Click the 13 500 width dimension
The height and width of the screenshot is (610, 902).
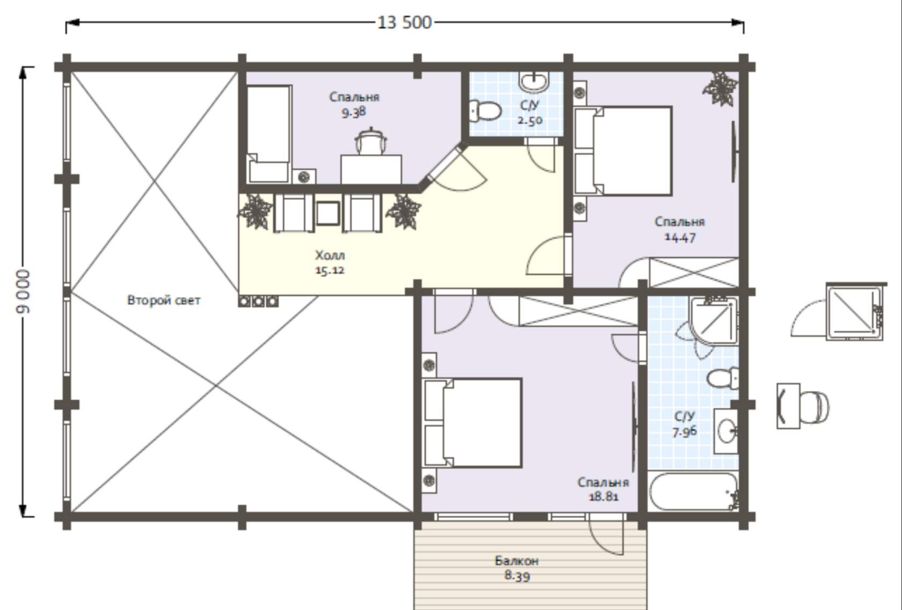[405, 23]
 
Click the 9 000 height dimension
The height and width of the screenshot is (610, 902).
[23, 291]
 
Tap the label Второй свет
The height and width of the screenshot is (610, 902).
[163, 300]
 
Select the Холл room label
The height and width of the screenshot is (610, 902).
[330, 255]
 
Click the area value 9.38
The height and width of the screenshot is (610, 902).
[353, 112]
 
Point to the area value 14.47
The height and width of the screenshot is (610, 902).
[680, 237]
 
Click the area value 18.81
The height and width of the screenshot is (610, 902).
[603, 497]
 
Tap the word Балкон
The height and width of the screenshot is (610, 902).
[517, 561]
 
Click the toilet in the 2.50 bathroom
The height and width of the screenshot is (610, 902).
[485, 110]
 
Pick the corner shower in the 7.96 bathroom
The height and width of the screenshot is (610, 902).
[714, 321]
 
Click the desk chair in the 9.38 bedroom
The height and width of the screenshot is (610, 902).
[370, 141]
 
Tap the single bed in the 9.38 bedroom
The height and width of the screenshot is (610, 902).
[269, 134]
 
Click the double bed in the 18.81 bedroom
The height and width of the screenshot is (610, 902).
[472, 423]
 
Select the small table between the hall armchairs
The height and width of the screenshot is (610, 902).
[328, 214]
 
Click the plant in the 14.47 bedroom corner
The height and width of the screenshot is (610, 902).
[721, 89]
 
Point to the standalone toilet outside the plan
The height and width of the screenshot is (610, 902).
[803, 407]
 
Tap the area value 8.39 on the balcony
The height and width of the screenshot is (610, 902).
[517, 576]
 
